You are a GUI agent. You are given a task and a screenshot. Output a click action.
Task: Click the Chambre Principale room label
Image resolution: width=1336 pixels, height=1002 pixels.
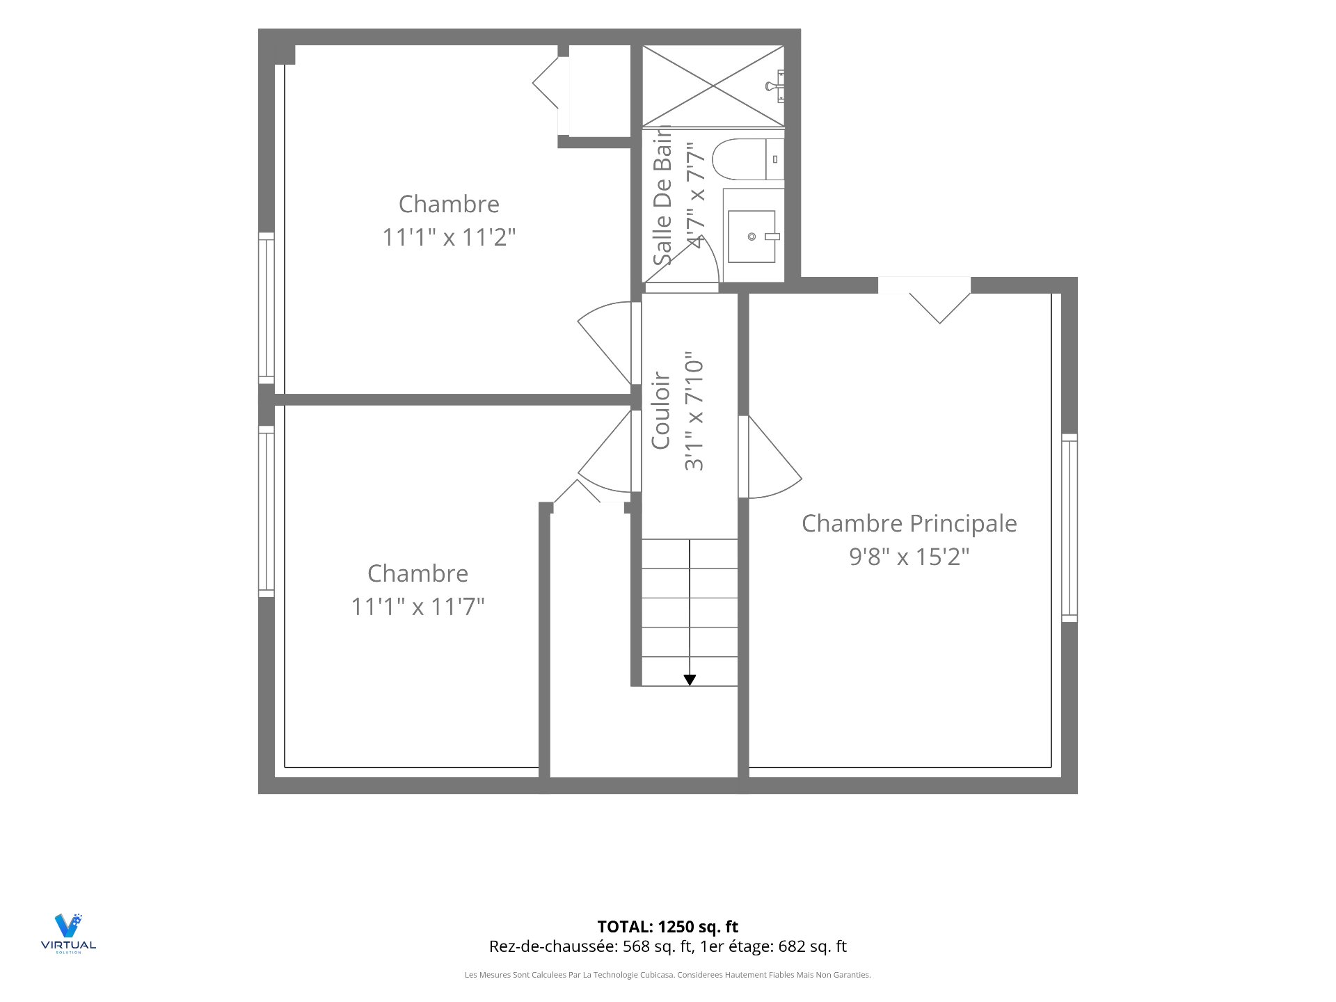click(909, 523)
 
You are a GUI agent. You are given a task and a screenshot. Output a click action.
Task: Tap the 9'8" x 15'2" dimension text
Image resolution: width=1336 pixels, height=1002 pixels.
click(909, 557)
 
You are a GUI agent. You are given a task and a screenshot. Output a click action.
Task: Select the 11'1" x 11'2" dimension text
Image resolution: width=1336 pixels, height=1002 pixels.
click(449, 237)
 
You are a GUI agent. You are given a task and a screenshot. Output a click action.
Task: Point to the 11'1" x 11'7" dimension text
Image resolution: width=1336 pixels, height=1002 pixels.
click(417, 607)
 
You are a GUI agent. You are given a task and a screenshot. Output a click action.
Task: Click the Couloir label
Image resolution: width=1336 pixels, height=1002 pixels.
click(660, 411)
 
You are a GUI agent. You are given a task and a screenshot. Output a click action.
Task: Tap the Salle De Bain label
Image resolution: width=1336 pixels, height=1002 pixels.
click(662, 196)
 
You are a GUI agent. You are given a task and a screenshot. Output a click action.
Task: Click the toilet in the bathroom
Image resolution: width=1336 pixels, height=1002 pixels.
click(748, 159)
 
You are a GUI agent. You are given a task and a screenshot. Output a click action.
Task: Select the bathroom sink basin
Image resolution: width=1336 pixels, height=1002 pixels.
click(751, 237)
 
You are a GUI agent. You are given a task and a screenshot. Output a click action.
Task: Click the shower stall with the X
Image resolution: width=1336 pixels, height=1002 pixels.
click(713, 86)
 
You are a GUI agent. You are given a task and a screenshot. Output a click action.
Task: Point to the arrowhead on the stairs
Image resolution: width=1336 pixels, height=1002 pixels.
click(690, 680)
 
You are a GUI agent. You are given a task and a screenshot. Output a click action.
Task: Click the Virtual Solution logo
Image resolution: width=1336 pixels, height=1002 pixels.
click(68, 933)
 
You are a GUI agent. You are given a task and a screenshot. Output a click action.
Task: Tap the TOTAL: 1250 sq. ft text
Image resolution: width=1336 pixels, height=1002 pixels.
click(668, 927)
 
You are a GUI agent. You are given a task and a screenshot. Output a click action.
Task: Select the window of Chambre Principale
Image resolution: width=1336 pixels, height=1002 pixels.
click(1069, 527)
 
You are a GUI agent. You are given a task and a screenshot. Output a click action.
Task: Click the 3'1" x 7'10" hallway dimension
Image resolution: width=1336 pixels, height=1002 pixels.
click(694, 411)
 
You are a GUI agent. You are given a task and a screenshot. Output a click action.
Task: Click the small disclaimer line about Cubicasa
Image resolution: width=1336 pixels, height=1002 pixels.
click(668, 975)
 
